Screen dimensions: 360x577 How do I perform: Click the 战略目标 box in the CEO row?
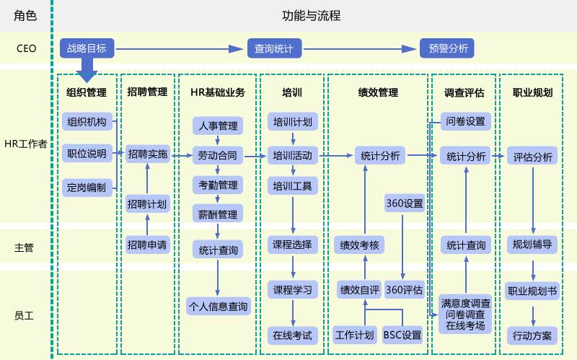click(x=87, y=48)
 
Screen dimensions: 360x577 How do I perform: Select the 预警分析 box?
click(x=448, y=48)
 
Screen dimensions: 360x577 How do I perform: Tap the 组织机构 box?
click(x=87, y=121)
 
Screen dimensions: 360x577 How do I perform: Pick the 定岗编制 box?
click(x=87, y=187)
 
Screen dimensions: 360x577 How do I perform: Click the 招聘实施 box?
click(x=146, y=154)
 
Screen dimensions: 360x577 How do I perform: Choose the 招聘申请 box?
click(x=146, y=244)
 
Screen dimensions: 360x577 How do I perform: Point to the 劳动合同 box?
click(x=217, y=154)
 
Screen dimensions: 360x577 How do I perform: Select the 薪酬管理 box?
click(x=217, y=214)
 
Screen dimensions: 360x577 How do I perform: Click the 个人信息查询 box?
click(x=217, y=306)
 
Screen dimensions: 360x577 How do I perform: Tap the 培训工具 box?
click(x=292, y=187)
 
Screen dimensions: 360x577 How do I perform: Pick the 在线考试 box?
click(x=292, y=335)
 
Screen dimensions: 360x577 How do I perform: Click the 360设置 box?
click(x=404, y=204)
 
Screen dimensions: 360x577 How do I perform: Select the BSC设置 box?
click(x=402, y=335)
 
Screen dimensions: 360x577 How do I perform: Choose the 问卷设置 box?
click(x=465, y=121)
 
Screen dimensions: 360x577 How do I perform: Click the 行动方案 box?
click(x=532, y=335)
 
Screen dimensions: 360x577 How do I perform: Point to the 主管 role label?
click(x=24, y=247)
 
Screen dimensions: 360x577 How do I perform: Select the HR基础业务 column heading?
click(x=217, y=92)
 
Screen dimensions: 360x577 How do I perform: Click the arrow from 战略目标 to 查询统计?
click(x=180, y=48)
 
